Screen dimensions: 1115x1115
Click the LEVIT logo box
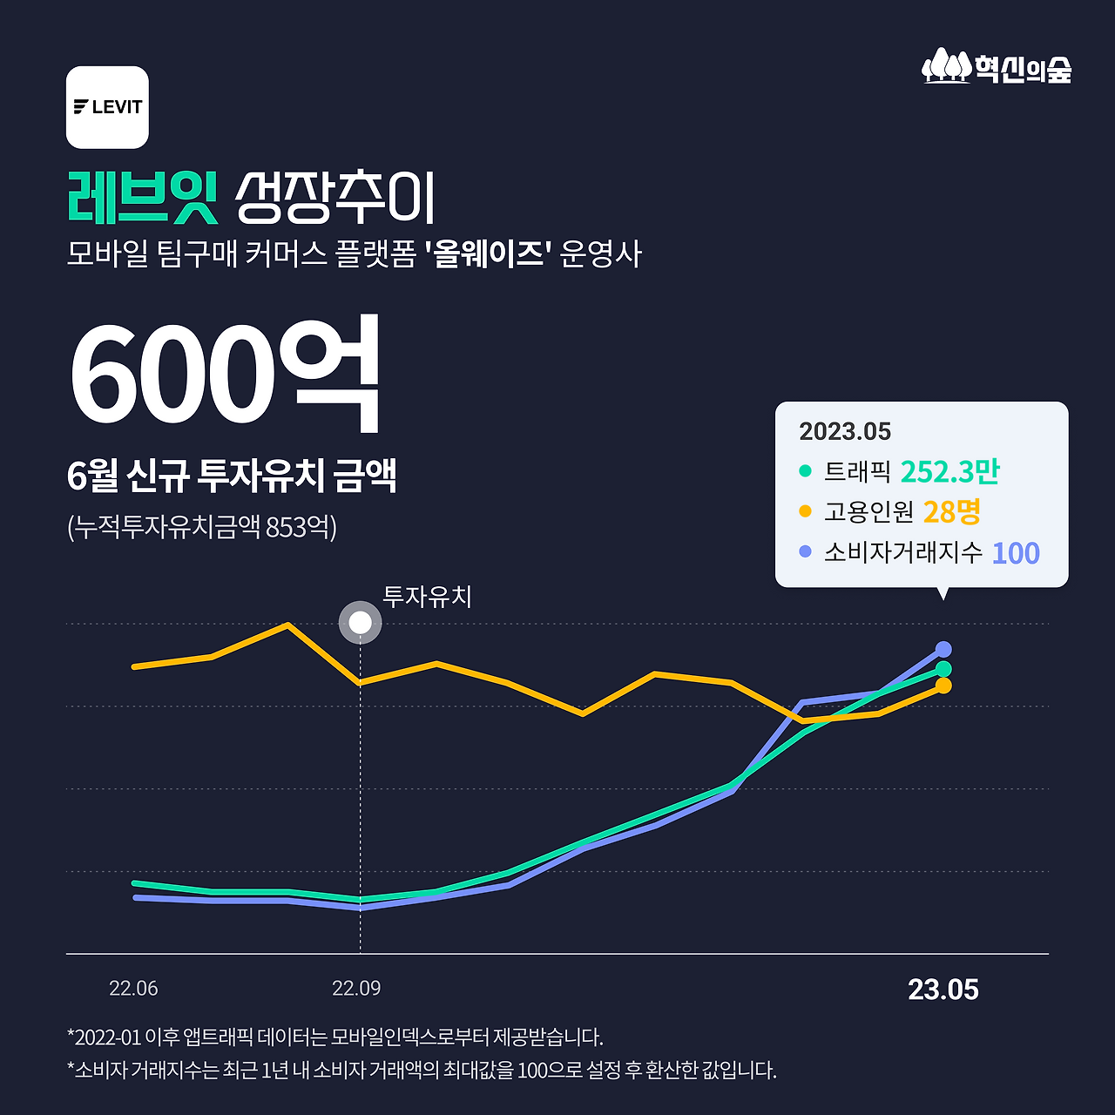tap(107, 107)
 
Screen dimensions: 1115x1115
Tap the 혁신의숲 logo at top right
tap(997, 67)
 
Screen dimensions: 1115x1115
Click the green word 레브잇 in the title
tap(142, 198)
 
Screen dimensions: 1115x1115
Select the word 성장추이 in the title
tap(334, 199)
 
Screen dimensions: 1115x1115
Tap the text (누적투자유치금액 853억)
tap(201, 527)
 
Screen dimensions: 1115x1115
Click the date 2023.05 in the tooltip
tap(845, 431)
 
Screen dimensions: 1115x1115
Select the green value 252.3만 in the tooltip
tap(949, 472)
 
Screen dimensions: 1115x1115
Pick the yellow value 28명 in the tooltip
tap(951, 512)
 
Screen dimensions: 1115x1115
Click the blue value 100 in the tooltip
tap(1016, 553)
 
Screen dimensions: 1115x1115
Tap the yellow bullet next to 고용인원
tap(805, 511)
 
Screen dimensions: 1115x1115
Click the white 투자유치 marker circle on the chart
tap(360, 623)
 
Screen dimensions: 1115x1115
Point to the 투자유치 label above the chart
tap(427, 597)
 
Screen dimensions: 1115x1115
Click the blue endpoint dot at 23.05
tap(943, 649)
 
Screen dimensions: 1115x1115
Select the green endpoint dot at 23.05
tap(943, 669)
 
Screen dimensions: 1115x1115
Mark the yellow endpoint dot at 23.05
tap(943, 686)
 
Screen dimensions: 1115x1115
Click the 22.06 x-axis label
tap(133, 989)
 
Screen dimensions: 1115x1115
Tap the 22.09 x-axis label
tap(356, 989)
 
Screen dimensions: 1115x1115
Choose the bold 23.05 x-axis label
tap(943, 990)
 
